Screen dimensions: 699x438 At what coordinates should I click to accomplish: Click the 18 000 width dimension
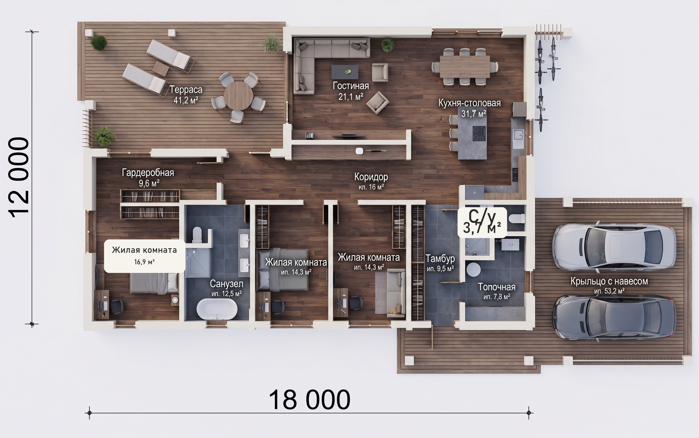(310, 400)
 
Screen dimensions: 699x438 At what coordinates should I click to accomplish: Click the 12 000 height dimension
(19, 177)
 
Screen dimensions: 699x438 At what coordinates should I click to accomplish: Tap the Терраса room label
(186, 90)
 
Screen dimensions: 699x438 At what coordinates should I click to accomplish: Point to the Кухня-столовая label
(469, 103)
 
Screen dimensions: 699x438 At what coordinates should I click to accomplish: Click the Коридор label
(371, 177)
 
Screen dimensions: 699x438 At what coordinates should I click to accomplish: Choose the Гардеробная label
(148, 173)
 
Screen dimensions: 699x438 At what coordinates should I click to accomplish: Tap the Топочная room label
(497, 287)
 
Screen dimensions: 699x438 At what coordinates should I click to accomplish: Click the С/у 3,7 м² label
(482, 222)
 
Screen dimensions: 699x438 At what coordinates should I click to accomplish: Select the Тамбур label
(440, 258)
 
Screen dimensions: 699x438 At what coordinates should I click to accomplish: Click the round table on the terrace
(238, 96)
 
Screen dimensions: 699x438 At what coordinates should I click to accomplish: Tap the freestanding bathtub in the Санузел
(217, 309)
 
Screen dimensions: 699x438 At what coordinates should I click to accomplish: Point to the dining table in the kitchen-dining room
(465, 66)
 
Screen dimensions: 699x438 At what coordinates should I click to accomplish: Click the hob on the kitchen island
(479, 134)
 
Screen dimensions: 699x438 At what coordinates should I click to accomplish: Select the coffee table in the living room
(345, 72)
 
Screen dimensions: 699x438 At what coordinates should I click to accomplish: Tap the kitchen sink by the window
(518, 138)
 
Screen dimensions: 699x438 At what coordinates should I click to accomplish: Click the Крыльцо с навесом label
(609, 281)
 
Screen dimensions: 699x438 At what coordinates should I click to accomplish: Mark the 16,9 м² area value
(144, 262)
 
